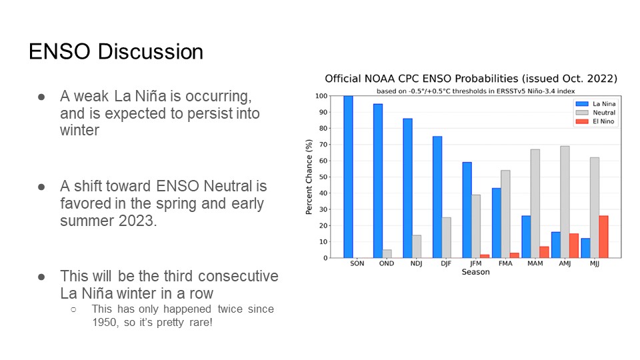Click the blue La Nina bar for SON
pos(348,177)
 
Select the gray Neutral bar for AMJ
pos(565,202)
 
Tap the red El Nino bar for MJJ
pos(603,237)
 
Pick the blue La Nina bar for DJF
pos(437,197)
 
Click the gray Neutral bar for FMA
pos(505,214)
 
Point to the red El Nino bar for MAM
pos(544,252)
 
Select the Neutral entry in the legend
pos(595,113)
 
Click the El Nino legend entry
pos(595,121)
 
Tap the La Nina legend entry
pos(595,104)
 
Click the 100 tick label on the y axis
pos(321,96)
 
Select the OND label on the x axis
pos(387,264)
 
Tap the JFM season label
pos(475,264)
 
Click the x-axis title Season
pos(475,272)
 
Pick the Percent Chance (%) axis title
pos(309,177)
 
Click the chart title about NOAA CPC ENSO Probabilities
pos(471,79)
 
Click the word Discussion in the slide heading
pos(151,52)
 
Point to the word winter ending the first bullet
pos(79,130)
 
